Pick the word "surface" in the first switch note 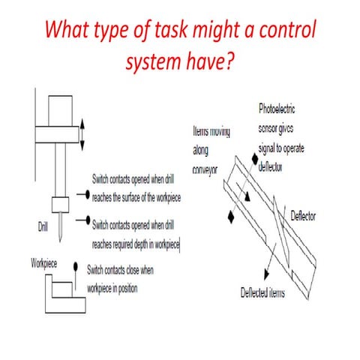click(145, 197)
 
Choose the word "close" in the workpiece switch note click(164, 268)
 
